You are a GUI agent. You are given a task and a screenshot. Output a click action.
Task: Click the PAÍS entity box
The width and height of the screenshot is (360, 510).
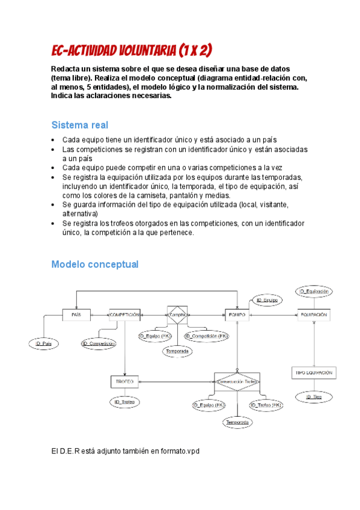76,315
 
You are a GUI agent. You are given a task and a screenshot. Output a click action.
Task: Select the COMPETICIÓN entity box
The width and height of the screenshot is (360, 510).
124,315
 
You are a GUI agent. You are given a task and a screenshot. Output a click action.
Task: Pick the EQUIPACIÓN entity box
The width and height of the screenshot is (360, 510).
314,315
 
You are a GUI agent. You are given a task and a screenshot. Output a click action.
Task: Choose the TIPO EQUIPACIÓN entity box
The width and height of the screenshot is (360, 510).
313,373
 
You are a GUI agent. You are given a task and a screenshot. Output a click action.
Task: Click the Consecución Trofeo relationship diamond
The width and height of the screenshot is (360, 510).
237,381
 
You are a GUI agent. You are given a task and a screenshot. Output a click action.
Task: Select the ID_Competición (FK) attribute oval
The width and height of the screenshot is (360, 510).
206,336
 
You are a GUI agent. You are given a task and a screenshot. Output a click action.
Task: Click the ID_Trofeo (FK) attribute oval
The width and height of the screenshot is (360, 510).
266,405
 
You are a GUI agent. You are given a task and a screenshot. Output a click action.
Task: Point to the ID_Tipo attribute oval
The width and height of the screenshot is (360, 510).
314,397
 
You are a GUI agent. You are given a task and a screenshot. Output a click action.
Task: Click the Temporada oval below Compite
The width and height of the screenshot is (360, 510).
177,351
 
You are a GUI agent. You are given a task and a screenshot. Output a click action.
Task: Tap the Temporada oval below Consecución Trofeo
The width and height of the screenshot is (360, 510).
238,423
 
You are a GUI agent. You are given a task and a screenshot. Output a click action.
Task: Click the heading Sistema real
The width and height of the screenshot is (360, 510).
79,125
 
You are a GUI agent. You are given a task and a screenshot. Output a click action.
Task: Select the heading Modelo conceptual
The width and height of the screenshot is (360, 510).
95,264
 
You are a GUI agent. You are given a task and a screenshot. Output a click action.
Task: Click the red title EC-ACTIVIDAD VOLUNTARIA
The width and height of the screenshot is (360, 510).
132,49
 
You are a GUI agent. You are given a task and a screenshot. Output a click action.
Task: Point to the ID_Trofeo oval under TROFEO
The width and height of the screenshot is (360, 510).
124,401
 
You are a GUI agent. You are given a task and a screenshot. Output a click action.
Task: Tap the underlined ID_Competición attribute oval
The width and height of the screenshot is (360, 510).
99,343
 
